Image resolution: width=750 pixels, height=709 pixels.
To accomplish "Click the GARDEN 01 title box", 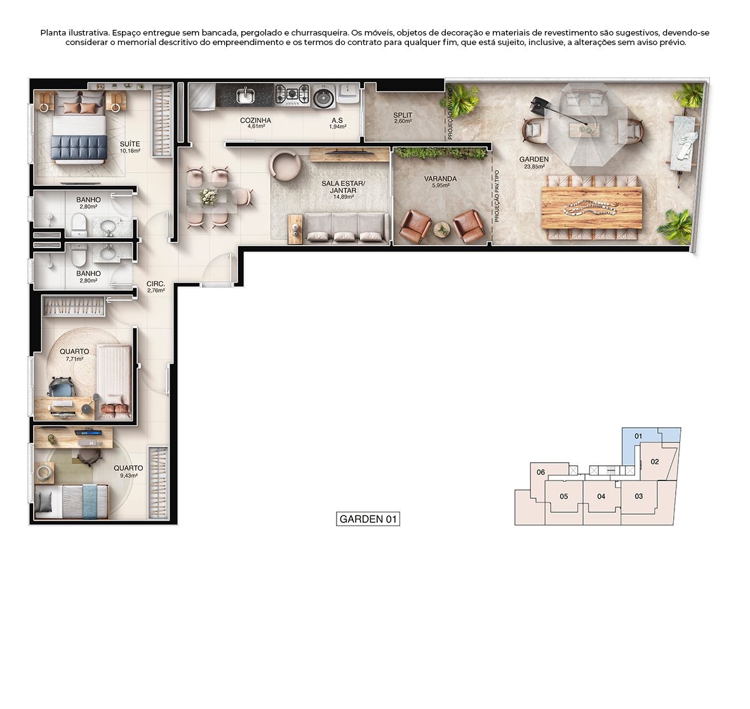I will [x=368, y=519].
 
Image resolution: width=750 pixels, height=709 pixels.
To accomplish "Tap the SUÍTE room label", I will [x=130, y=147].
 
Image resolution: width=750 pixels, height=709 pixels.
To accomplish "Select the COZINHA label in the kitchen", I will [x=255, y=123].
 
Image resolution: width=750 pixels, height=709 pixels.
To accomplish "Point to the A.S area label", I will [x=337, y=123].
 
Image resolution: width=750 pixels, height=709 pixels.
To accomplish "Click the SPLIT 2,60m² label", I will [x=403, y=118].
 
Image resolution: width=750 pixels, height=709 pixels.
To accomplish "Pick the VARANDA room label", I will [x=440, y=182].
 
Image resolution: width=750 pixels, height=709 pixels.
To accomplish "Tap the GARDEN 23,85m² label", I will [x=533, y=162].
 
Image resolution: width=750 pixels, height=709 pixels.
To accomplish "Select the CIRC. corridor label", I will [x=156, y=287].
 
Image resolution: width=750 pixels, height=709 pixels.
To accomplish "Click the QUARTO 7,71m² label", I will [x=74, y=354].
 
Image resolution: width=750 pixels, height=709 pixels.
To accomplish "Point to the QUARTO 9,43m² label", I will [x=128, y=471].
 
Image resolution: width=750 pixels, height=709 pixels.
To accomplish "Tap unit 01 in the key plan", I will [x=638, y=437].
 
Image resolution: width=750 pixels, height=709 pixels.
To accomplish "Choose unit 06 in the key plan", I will [x=540, y=472].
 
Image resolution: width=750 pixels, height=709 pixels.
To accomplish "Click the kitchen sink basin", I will [x=244, y=96].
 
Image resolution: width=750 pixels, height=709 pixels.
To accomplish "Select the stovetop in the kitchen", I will [x=292, y=95].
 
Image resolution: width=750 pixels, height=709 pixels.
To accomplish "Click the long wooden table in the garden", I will [x=591, y=208].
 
